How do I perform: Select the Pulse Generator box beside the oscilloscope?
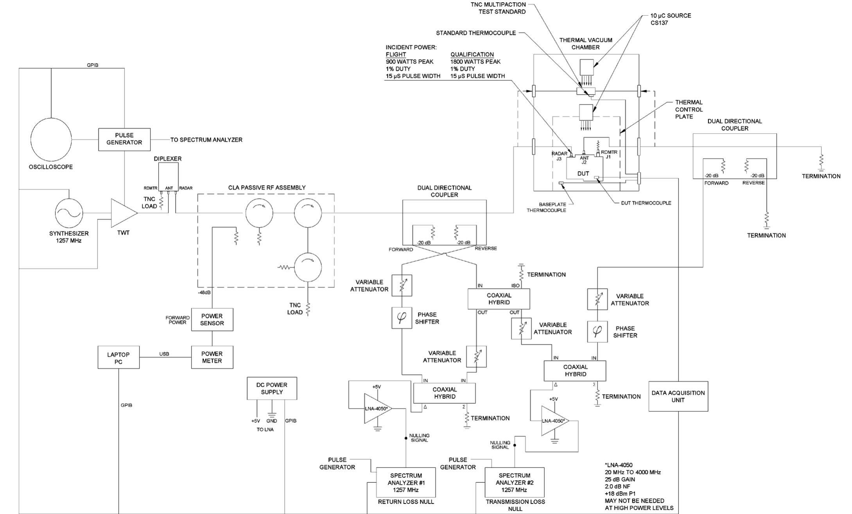click(124, 139)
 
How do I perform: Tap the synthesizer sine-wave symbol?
click(69, 213)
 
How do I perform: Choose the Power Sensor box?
click(212, 320)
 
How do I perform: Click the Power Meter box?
click(212, 357)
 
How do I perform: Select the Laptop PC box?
click(118, 357)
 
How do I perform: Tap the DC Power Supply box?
click(272, 389)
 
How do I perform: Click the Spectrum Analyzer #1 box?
click(406, 482)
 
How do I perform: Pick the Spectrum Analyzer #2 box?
click(515, 482)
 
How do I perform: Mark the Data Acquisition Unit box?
click(678, 396)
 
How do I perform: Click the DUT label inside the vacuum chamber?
click(583, 174)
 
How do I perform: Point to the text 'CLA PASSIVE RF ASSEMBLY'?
click(267, 188)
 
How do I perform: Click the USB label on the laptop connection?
click(164, 354)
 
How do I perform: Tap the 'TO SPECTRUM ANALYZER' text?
click(206, 140)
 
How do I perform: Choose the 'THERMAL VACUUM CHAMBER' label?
click(586, 43)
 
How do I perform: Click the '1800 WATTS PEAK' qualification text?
click(475, 61)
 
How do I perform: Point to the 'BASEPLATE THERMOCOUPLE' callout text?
click(546, 207)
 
